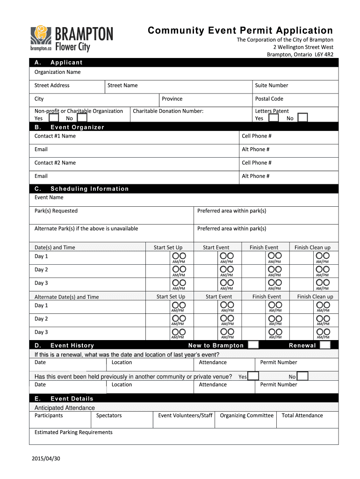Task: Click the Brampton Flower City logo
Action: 72,39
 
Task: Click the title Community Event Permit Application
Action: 240,30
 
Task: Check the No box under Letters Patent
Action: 302,118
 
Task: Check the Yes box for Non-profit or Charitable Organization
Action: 54,118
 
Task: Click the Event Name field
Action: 186,200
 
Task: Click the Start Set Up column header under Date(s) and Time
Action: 168,247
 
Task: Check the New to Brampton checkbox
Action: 253,345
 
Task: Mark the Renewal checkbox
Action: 325,345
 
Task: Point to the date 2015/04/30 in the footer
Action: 47,458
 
